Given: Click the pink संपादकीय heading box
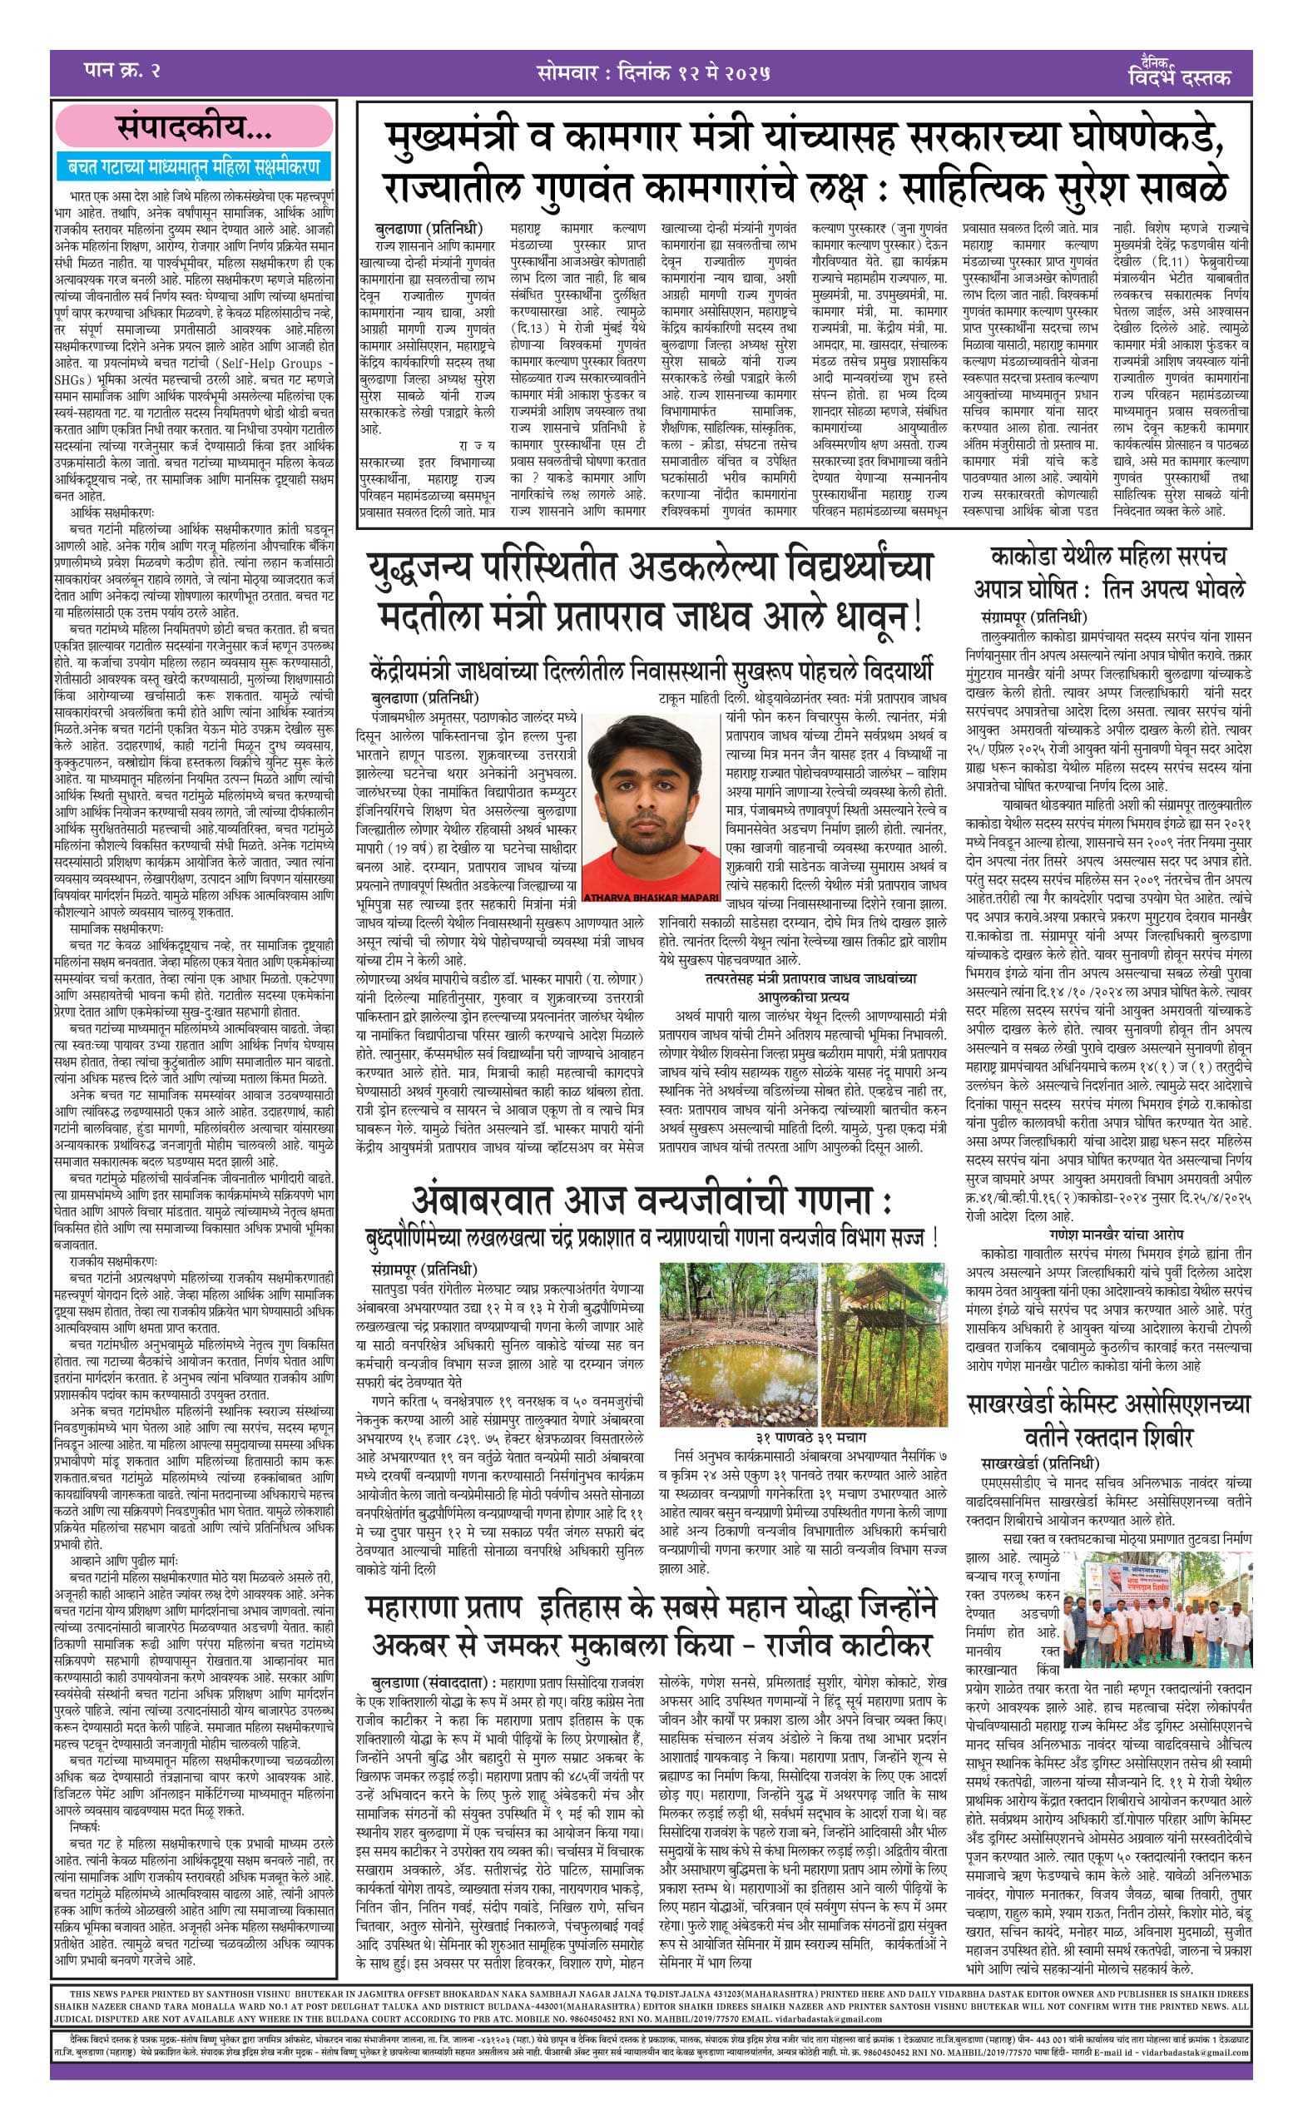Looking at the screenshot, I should coord(194,128).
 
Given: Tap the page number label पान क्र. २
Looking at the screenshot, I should coord(121,70).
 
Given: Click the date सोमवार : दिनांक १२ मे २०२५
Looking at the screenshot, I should coord(652,72).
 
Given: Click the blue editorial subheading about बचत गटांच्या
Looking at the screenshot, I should coord(194,166).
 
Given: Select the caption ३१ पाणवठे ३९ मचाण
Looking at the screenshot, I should coord(811,1437).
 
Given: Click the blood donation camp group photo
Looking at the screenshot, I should coord(1157,1608).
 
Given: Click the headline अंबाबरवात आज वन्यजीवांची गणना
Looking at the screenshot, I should coord(651,1201).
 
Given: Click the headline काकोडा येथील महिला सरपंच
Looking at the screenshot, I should coord(1108,557).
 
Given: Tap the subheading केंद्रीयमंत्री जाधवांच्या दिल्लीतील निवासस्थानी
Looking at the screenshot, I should coord(651,671).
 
